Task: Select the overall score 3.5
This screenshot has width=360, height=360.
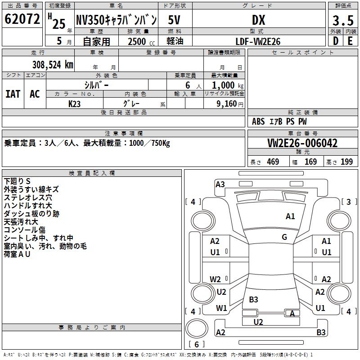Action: click(x=343, y=20)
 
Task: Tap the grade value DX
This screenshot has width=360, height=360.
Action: click(x=258, y=20)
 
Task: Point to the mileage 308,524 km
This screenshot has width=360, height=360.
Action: click(x=53, y=64)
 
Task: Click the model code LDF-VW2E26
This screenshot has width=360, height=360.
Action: click(x=258, y=41)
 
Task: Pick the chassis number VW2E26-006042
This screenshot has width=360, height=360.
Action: click(x=302, y=143)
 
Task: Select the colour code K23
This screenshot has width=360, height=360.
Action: click(x=75, y=103)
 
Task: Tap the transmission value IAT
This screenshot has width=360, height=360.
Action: click(x=13, y=94)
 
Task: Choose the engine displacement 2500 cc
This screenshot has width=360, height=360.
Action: click(x=138, y=41)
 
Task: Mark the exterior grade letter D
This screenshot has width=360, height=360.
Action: click(x=335, y=41)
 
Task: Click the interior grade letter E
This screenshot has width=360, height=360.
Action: click(x=350, y=41)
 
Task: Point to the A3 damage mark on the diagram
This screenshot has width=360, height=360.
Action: click(x=220, y=184)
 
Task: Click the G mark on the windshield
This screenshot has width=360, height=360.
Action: click(x=284, y=237)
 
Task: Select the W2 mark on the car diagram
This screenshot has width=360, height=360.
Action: click(x=216, y=279)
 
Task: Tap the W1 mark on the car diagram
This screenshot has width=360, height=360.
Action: click(x=221, y=308)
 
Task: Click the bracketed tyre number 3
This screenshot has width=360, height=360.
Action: click(x=349, y=202)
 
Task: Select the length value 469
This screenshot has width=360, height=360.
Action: click(x=273, y=162)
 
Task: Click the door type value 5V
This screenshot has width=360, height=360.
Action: click(x=175, y=19)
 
